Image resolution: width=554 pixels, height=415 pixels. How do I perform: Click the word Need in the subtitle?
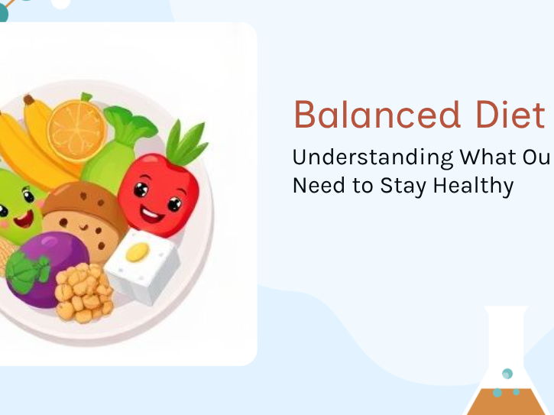(x=316, y=185)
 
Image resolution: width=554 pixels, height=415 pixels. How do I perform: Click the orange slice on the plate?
(x=76, y=131)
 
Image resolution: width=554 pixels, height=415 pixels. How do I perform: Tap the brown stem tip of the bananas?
(x=28, y=99)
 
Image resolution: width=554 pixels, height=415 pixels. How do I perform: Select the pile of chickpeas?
(x=84, y=291)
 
